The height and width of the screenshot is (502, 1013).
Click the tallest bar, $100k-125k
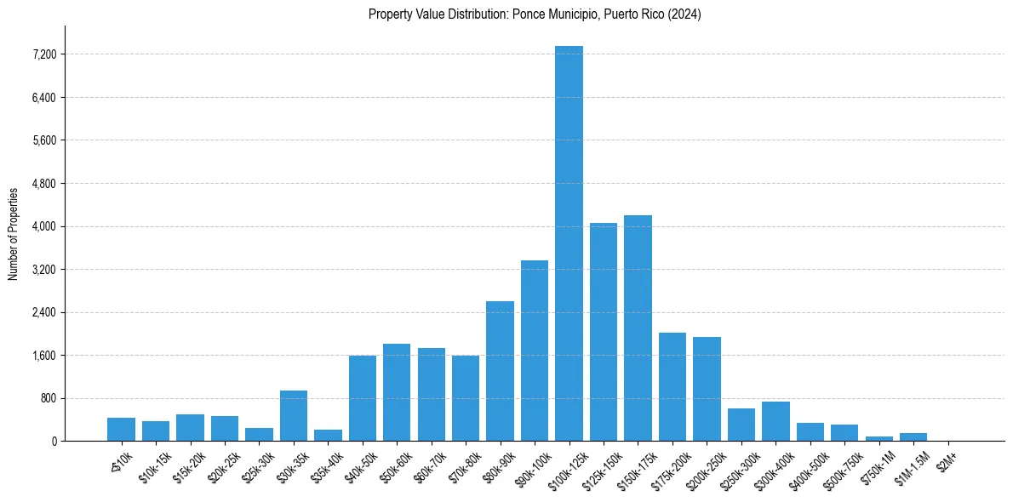tap(569, 243)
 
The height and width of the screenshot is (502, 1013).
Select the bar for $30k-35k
tap(294, 415)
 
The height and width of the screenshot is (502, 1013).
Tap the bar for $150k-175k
tap(638, 328)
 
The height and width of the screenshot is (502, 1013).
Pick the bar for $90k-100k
tap(535, 351)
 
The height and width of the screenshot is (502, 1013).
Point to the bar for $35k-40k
tap(328, 435)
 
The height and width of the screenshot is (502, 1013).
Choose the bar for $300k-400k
tap(775, 421)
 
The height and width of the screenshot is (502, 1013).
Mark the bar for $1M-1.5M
tap(913, 436)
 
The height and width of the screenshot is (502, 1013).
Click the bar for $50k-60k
tap(397, 392)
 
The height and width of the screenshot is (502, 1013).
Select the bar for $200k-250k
tap(707, 389)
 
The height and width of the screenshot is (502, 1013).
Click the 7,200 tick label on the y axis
tap(43, 54)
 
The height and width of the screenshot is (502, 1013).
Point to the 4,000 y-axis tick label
tap(43, 226)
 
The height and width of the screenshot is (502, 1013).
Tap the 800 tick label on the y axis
tap(48, 398)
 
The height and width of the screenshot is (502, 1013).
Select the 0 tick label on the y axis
tap(54, 442)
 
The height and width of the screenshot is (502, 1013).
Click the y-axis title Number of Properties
tap(14, 233)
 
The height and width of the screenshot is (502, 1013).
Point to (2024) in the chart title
tap(685, 14)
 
